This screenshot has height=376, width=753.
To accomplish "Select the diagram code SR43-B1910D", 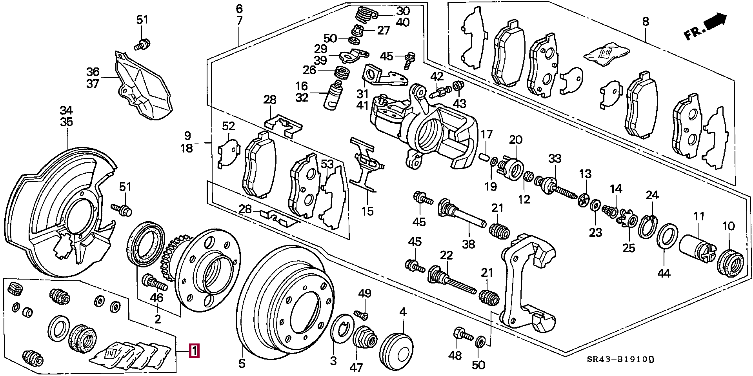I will point(621,360).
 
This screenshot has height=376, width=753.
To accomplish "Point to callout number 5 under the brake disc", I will point(242,363).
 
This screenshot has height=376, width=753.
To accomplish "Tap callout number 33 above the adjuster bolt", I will point(555,159).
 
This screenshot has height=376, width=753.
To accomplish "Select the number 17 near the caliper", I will point(486,134).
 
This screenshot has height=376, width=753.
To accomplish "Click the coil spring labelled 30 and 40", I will point(367,16).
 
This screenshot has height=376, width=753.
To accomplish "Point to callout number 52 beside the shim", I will point(228,126).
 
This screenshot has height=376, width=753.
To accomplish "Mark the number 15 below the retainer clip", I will point(367,211).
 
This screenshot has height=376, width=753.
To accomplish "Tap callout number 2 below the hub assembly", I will point(157,319).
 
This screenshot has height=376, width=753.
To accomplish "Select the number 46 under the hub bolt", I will point(156,298).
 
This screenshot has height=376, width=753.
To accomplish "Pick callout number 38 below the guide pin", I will point(468,244).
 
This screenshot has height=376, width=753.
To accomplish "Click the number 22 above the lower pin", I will point(446,255).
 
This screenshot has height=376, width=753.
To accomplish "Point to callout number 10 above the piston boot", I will point(728,226).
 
